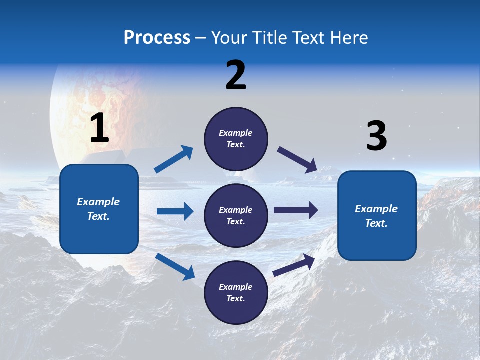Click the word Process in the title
tap(157, 38)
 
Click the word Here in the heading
tap(348, 38)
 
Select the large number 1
tap(99, 128)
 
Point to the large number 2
tap(236, 75)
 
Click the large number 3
tap(376, 136)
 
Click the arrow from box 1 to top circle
tap(174, 159)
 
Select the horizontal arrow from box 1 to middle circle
tap(175, 211)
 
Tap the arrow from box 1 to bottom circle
tap(175, 266)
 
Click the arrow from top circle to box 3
tap(297, 159)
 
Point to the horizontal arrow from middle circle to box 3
tap(296, 210)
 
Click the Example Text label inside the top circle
tap(236, 139)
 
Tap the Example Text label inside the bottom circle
tap(236, 293)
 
